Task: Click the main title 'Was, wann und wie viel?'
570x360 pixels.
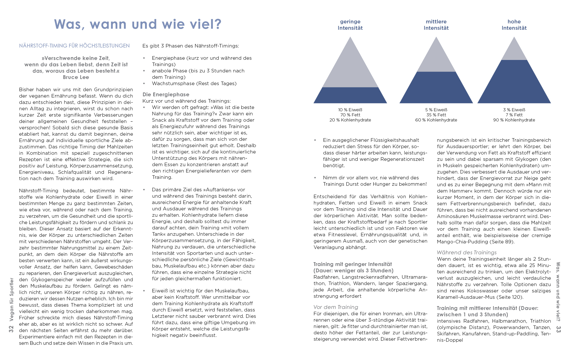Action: click(138, 24)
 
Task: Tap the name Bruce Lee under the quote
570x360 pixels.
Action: click(76, 77)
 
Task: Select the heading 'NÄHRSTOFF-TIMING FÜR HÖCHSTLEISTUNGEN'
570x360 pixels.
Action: click(74, 46)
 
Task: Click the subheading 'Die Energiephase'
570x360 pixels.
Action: click(166, 95)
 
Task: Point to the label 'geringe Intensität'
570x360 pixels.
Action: click(350, 25)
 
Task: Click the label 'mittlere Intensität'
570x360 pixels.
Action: click(436, 25)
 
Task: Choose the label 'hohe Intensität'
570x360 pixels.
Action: click(514, 25)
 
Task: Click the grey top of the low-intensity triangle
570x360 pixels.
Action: click(350, 69)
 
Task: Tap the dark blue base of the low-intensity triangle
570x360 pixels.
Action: click(350, 95)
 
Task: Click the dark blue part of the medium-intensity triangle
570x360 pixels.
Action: click(436, 88)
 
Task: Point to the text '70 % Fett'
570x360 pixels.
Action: click(350, 115)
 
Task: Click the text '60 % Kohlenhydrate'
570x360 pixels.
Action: click(436, 120)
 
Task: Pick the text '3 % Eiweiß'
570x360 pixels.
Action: click(514, 110)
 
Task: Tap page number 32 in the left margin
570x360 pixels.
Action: click(11, 329)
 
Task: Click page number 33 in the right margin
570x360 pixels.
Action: click(558, 329)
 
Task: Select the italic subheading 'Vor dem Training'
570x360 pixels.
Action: click(336, 307)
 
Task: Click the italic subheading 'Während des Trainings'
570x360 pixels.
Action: click(466, 253)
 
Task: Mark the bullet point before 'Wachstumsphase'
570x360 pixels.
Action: click(144, 84)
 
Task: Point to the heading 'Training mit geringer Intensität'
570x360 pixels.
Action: click(353, 264)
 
